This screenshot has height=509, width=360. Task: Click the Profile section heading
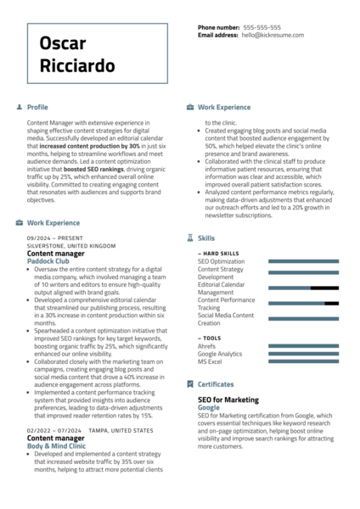point(37,108)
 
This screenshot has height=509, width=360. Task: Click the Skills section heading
point(206,239)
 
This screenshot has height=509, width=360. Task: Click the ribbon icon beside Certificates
point(190,384)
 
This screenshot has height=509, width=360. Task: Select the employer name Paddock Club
point(48,261)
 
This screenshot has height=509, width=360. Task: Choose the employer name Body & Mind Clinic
point(56,445)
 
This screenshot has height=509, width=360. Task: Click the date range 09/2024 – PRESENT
point(55,238)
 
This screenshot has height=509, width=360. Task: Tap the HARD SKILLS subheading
point(220,254)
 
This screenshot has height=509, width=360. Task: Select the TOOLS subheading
point(211,338)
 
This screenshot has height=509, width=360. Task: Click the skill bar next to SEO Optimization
point(302,261)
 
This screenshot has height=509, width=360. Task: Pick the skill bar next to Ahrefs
point(302,346)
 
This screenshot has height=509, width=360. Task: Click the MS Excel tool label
point(210,361)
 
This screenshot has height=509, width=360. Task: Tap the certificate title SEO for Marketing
point(228,400)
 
